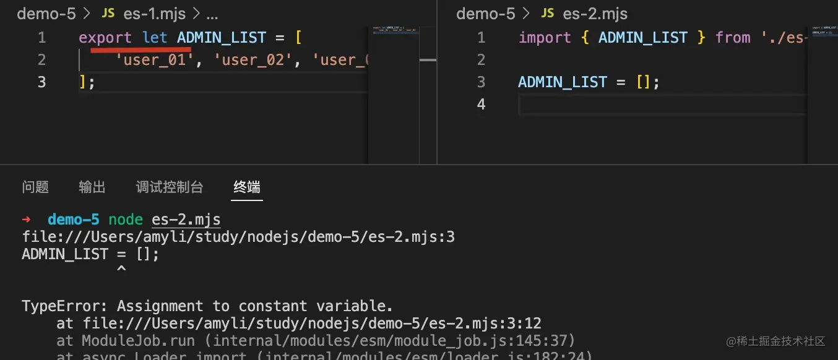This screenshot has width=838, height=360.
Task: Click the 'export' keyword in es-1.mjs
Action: pos(105,38)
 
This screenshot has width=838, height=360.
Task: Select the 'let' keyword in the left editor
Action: pos(155,38)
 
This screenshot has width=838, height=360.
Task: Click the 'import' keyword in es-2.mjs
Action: pos(545,38)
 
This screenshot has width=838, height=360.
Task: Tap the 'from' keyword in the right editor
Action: pos(733,38)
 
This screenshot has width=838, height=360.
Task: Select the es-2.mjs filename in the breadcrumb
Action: pos(595,14)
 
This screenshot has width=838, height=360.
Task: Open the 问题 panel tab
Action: pos(35,187)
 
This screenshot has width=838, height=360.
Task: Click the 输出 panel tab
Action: pos(92,187)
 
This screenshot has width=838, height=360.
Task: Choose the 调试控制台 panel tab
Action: pos(170,187)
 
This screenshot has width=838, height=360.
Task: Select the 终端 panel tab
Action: pos(247,187)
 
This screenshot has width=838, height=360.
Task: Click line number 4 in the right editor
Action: pos(481,104)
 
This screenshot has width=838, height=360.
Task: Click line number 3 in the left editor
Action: pos(41,82)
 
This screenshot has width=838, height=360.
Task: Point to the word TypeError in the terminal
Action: pos(65,306)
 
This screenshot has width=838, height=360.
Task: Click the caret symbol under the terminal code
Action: pos(121,269)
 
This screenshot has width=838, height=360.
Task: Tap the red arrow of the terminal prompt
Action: pos(26,220)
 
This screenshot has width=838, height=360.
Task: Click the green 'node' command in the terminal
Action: pos(126,220)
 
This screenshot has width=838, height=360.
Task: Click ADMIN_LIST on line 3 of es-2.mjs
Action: pos(562,82)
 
